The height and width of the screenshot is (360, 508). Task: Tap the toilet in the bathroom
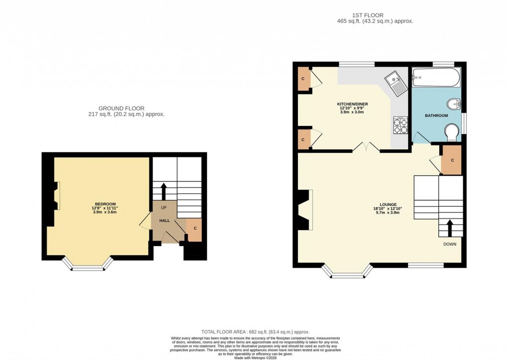(452, 132)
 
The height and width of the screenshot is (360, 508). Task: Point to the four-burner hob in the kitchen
(400, 124)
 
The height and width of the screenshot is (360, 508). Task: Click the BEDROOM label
(106, 204)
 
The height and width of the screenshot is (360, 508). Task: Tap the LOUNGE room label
(388, 204)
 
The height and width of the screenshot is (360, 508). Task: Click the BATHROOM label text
(436, 116)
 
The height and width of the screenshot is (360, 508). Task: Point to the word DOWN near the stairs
(450, 244)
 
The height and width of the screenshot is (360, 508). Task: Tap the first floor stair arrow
(450, 229)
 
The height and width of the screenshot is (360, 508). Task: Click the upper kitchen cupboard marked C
(303, 79)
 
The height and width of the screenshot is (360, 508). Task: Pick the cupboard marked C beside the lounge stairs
(452, 160)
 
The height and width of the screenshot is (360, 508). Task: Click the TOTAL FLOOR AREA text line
(255, 332)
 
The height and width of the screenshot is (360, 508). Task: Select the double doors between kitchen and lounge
(366, 147)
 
